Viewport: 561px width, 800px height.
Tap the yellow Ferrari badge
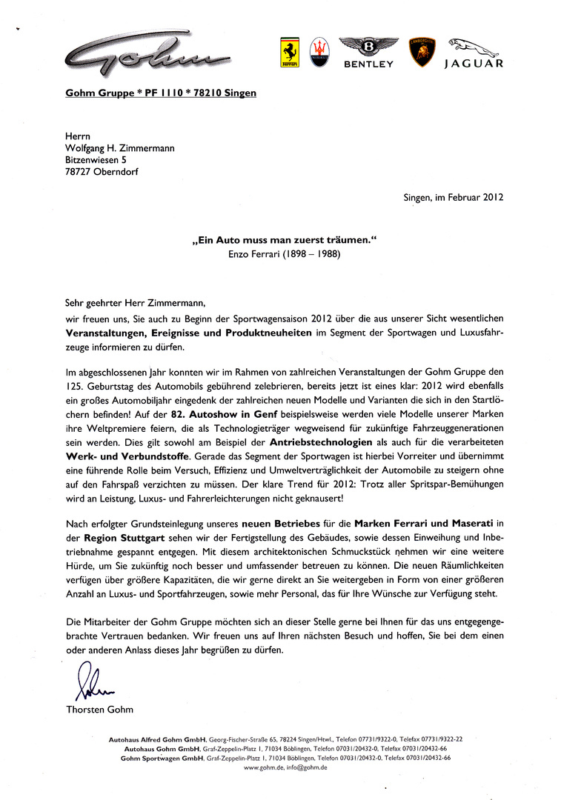pyautogui.click(x=290, y=54)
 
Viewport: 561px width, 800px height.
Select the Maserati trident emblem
pyautogui.click(x=321, y=53)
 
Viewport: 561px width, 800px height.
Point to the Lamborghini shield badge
pyautogui.click(x=422, y=53)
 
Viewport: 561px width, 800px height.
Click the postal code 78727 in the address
pyautogui.click(x=79, y=172)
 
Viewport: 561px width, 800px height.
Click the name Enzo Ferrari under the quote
pyautogui.click(x=254, y=253)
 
